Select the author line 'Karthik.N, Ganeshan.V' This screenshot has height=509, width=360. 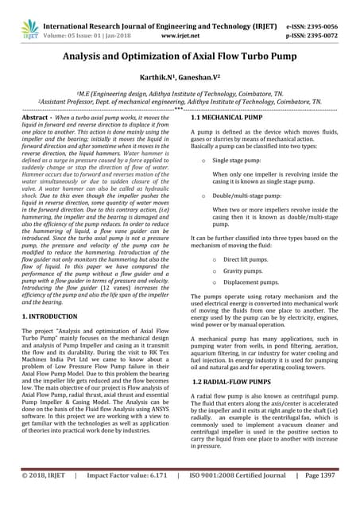[x=180, y=80]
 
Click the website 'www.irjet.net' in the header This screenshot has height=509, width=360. [x=179, y=36]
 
